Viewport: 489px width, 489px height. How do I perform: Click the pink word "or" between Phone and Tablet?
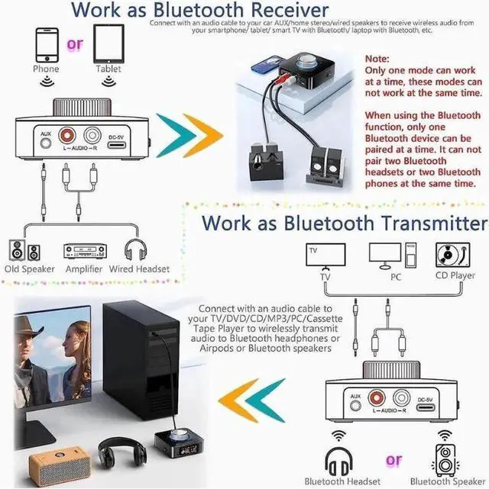(x=75, y=44)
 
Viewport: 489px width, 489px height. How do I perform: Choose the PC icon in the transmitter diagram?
(x=391, y=256)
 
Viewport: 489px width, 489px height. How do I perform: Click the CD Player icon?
(x=452, y=255)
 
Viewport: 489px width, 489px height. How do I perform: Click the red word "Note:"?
(x=378, y=58)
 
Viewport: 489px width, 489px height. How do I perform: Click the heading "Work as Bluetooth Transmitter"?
(x=344, y=223)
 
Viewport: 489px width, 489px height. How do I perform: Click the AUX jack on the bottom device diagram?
(x=355, y=404)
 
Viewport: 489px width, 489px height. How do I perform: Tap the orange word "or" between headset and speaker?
(x=393, y=461)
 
